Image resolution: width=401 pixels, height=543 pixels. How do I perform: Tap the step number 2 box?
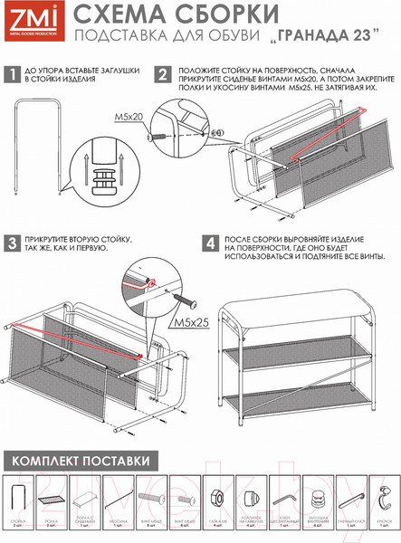click(163, 74)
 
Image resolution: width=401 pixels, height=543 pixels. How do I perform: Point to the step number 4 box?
click(209, 243)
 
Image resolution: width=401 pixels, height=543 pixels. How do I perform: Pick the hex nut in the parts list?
click(217, 497)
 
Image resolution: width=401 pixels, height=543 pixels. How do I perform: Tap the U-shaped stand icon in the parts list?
click(20, 497)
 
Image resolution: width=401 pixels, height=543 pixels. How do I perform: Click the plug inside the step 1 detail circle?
click(105, 172)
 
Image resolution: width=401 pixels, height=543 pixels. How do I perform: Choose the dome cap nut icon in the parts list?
click(250, 498)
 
